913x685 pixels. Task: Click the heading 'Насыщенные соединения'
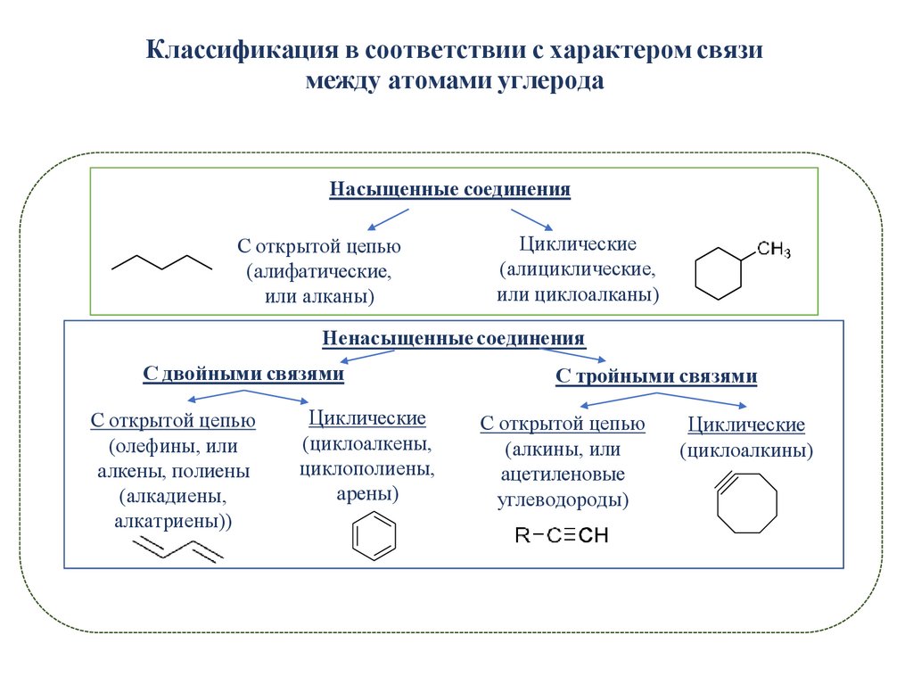click(449, 190)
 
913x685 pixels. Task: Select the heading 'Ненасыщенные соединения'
click(454, 339)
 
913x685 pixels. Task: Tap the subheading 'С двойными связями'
click(243, 375)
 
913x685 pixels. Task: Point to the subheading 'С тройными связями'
click(656, 376)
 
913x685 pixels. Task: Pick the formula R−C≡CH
click(561, 535)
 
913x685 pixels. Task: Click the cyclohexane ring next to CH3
click(719, 272)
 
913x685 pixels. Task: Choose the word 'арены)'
click(367, 493)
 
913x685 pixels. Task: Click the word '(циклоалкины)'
click(747, 451)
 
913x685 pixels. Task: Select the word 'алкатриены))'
click(173, 521)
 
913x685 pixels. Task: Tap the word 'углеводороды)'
click(563, 499)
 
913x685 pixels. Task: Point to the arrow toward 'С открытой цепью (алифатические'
click(388, 219)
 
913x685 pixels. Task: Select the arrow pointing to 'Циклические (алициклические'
click(531, 219)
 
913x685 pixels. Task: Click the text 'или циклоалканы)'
click(578, 293)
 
